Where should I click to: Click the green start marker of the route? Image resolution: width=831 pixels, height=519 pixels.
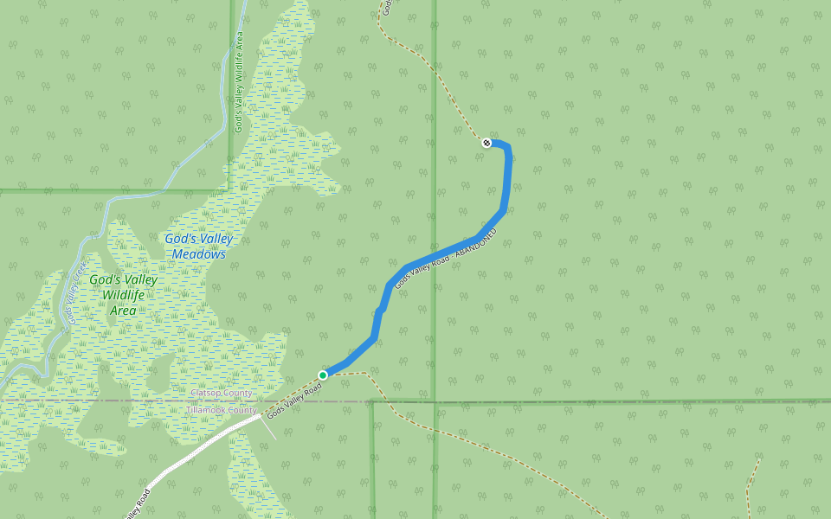pyautogui.click(x=323, y=375)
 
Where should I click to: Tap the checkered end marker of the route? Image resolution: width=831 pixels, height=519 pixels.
pyautogui.click(x=486, y=143)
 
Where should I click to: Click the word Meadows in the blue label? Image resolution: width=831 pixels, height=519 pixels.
pyautogui.click(x=198, y=254)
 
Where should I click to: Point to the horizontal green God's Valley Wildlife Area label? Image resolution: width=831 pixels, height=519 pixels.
pyautogui.click(x=124, y=295)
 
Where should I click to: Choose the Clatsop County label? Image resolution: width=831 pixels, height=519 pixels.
pyautogui.click(x=222, y=394)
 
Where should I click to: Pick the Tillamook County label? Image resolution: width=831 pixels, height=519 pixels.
pyautogui.click(x=222, y=410)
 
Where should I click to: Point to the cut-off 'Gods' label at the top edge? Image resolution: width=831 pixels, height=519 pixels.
pyautogui.click(x=388, y=7)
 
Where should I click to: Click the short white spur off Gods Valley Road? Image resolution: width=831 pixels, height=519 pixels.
pyautogui.click(x=269, y=429)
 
